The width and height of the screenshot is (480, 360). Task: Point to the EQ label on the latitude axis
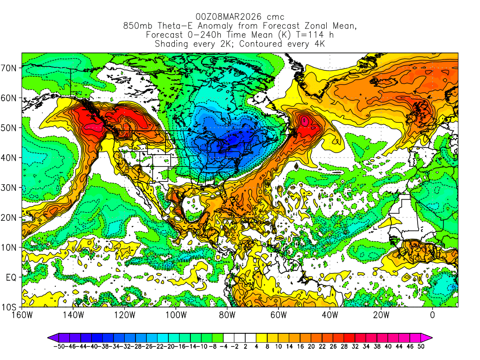point(11,277)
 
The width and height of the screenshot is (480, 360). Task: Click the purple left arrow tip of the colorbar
point(50,337)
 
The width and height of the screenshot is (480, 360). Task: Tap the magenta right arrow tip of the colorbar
point(429,337)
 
